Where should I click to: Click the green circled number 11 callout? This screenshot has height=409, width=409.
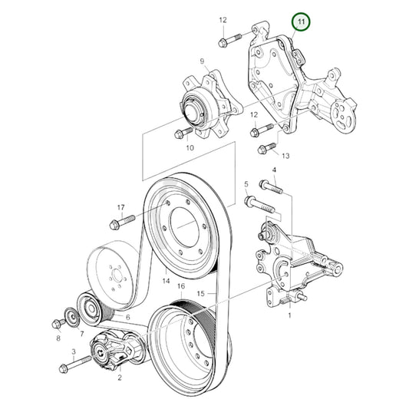click(301, 21)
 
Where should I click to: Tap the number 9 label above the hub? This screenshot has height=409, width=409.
click(202, 61)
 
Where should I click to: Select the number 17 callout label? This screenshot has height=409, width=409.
click(120, 208)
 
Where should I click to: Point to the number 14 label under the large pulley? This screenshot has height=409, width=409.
click(167, 281)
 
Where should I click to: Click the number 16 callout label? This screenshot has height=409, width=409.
click(181, 286)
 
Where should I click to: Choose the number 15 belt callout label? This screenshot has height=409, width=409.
click(200, 294)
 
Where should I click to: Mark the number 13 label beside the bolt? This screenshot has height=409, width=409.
click(285, 156)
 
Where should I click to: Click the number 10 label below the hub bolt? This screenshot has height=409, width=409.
click(190, 147)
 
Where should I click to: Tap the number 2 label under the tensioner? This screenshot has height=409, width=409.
click(120, 378)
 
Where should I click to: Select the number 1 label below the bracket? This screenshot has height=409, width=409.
click(289, 315)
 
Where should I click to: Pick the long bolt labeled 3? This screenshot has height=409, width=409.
click(76, 364)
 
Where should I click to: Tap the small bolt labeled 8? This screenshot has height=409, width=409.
click(58, 324)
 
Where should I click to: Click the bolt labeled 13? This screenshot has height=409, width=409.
click(267, 148)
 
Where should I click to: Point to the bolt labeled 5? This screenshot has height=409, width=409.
click(259, 205)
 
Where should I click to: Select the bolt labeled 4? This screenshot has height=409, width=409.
click(271, 186)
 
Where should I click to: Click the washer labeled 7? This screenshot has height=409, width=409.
click(71, 317)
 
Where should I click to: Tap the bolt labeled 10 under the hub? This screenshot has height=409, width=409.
click(184, 133)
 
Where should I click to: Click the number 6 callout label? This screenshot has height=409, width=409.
click(128, 317)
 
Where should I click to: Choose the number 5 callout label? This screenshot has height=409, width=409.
click(246, 184)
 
